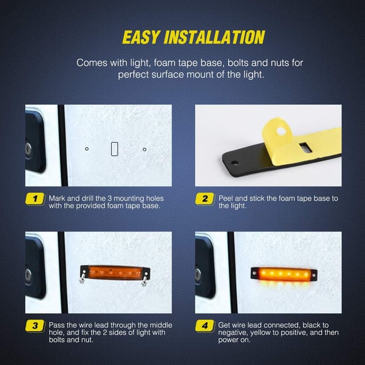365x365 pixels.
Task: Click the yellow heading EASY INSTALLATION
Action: click(x=193, y=38)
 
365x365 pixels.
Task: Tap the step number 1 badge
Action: click(x=35, y=199)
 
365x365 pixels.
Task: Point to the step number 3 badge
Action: click(x=35, y=326)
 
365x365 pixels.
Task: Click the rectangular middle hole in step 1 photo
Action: click(x=114, y=149)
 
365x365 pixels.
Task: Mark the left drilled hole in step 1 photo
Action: click(x=87, y=149)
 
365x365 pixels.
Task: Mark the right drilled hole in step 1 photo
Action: click(x=145, y=149)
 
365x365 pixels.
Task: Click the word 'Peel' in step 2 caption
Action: click(x=226, y=198)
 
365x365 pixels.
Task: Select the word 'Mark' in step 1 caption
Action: click(x=58, y=198)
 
